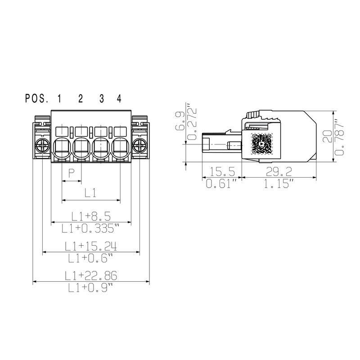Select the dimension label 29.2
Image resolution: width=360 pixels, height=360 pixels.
point(279,172)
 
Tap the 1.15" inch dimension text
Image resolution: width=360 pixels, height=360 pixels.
point(279,184)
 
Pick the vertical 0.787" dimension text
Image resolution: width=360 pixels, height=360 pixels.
point(340,136)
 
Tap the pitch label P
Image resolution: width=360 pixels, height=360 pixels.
point(71,173)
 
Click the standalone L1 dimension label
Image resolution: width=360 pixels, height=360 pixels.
point(91,193)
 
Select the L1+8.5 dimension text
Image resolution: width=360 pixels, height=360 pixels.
point(91,216)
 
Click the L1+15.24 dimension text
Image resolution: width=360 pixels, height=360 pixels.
point(91,246)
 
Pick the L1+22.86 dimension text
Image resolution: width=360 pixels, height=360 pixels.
point(91,275)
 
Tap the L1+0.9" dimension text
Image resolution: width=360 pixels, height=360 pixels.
point(91,288)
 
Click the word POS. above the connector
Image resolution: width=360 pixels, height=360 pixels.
point(36,99)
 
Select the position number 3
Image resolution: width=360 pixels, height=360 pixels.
point(102,99)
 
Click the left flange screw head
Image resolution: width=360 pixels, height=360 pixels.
point(42,145)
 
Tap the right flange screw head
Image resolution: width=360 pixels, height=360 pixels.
point(139,145)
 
